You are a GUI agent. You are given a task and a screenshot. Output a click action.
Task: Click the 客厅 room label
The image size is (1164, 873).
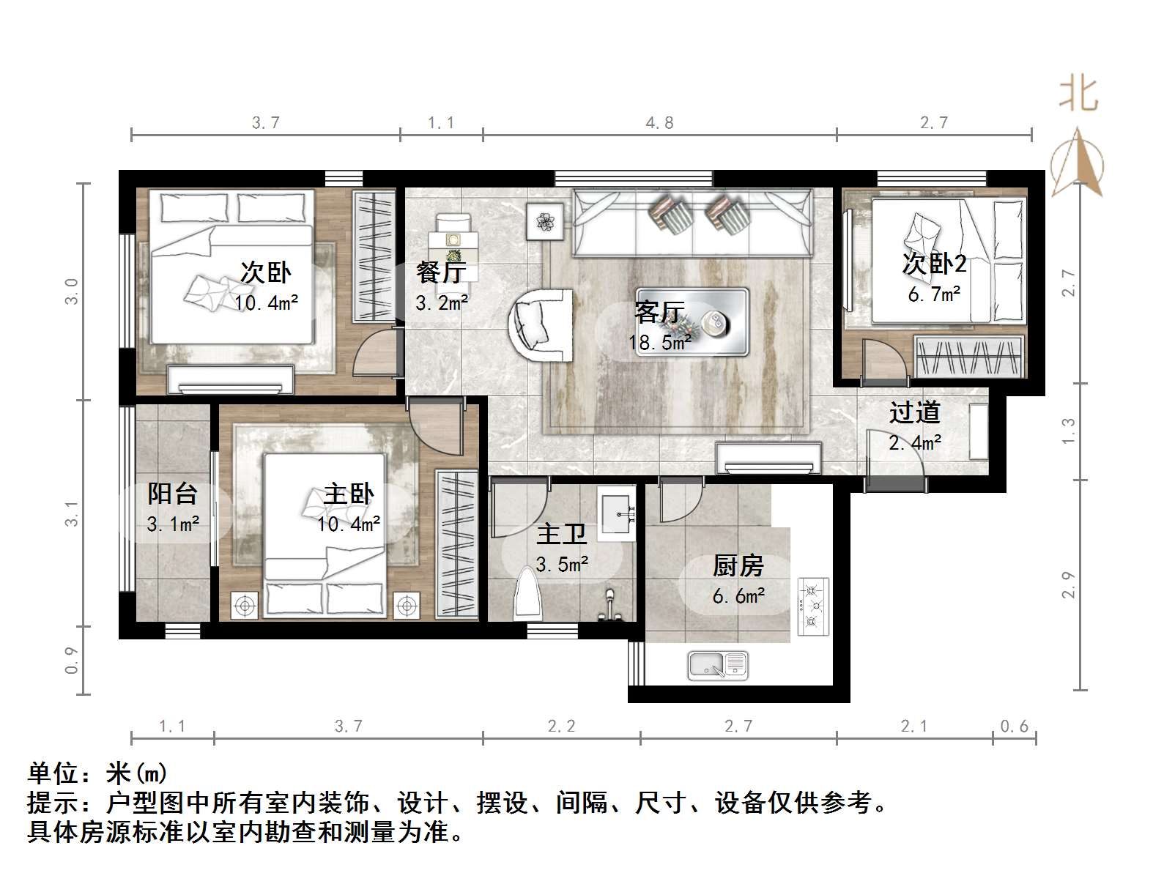tap(659, 313)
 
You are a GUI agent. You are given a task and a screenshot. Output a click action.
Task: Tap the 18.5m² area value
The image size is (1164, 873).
tap(659, 342)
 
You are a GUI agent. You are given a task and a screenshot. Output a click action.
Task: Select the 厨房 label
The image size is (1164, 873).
tap(738, 566)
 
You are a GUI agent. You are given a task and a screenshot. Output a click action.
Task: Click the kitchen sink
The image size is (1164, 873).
tap(717, 665)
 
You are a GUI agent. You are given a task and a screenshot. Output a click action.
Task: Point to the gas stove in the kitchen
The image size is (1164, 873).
tap(812, 606)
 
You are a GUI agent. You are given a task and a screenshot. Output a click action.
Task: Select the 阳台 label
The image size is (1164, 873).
tap(172, 494)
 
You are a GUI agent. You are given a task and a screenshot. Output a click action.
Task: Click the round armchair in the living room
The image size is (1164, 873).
tap(541, 324)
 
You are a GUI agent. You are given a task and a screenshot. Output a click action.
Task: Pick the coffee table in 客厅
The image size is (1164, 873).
tap(692, 321)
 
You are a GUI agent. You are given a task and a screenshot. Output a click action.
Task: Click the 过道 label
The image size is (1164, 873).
tap(914, 413)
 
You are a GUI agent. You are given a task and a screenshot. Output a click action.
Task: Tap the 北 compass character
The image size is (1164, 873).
tap(1078, 94)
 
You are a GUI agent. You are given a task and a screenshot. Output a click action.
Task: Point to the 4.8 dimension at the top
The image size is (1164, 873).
tap(659, 123)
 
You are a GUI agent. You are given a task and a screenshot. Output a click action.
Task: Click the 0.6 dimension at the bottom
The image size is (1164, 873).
tap(1014, 727)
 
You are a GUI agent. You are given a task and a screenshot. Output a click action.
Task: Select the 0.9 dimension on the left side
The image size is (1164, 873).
tap(72, 659)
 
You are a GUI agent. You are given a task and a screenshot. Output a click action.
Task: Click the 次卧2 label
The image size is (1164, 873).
tap(934, 264)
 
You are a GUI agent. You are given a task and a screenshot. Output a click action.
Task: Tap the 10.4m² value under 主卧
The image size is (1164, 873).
tap(349, 524)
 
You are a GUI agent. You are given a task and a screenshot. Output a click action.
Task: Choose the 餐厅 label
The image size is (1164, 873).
tap(440, 272)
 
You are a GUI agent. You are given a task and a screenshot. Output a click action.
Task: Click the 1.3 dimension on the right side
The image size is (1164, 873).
tap(1069, 431)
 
